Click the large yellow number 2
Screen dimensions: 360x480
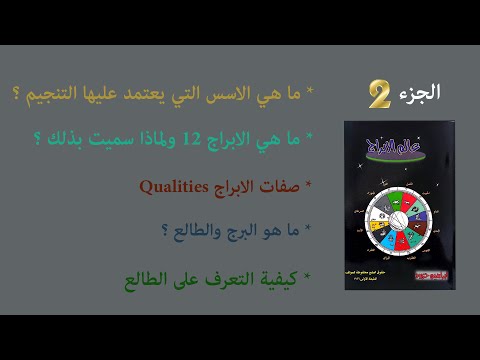[x=379, y=95]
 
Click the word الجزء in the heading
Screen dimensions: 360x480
[x=419, y=92]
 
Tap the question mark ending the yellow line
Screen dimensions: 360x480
[x=23, y=96]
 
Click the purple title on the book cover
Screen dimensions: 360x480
[x=399, y=147]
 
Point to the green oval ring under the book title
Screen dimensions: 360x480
[x=399, y=161]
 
